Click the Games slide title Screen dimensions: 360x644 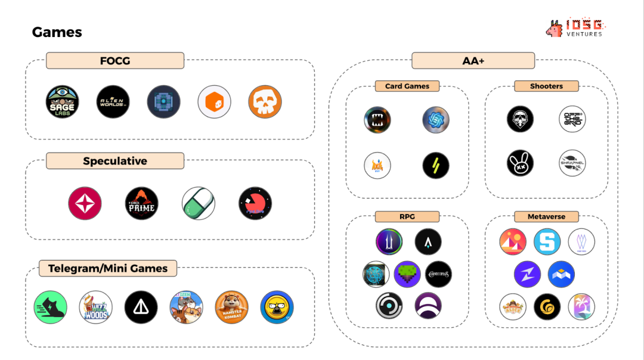click(x=57, y=32)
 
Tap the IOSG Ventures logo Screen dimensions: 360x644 click(x=575, y=29)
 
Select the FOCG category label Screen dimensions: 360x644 click(x=115, y=61)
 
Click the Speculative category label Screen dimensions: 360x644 click(x=115, y=161)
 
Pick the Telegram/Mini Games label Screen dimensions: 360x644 click(x=108, y=268)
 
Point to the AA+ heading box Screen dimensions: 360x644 click(x=473, y=61)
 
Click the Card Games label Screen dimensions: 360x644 click(x=407, y=86)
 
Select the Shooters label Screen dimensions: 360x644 click(x=546, y=86)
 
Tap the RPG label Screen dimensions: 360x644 click(x=407, y=216)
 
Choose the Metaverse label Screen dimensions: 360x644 click(x=546, y=216)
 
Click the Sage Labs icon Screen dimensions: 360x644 click(x=63, y=102)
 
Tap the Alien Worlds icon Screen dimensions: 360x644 click(x=113, y=102)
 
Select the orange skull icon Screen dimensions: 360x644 click(x=265, y=102)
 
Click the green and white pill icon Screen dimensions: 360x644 click(x=199, y=203)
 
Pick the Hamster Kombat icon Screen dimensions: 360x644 click(x=232, y=308)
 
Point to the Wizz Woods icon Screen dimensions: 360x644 click(x=96, y=308)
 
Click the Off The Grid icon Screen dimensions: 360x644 click(x=572, y=119)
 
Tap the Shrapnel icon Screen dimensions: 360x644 click(x=572, y=163)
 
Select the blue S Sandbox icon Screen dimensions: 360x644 click(x=547, y=242)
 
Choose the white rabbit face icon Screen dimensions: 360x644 click(x=520, y=163)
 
